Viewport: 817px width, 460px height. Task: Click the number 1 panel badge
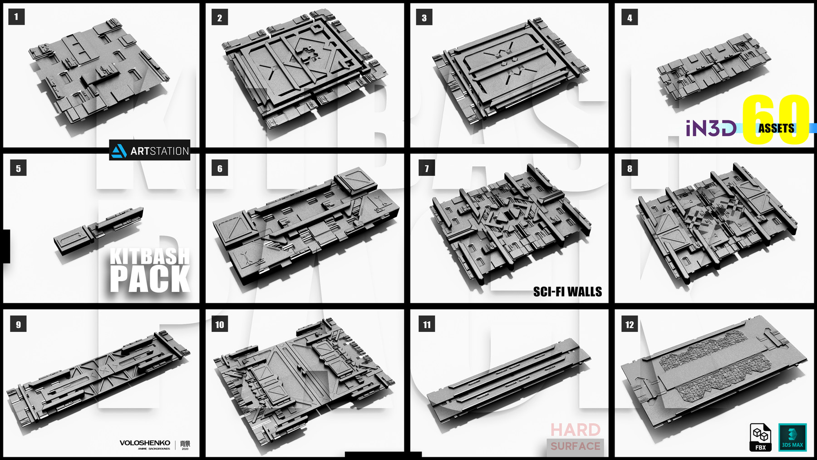click(x=16, y=17)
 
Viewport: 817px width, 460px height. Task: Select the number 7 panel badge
click(x=427, y=168)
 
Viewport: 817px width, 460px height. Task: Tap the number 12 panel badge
click(x=630, y=325)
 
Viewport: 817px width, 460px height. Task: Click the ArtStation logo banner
click(x=150, y=150)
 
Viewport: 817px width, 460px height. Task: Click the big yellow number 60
click(x=776, y=119)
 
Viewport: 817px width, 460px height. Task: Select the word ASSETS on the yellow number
click(x=776, y=129)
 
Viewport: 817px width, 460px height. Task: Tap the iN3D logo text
click(x=711, y=129)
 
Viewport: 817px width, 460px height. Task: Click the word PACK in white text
click(x=150, y=279)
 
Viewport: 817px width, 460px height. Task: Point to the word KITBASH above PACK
click(x=150, y=257)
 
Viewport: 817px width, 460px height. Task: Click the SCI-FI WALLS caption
click(x=567, y=292)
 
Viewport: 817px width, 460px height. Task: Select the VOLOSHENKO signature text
click(x=145, y=443)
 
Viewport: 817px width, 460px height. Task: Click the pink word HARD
click(x=576, y=430)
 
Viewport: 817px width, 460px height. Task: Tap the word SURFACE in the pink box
click(x=576, y=446)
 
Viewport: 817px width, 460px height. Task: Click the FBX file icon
click(x=760, y=438)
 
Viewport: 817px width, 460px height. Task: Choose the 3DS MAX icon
click(x=792, y=438)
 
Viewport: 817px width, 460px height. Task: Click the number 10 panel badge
click(x=220, y=325)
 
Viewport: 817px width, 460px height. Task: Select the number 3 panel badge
click(x=424, y=18)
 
